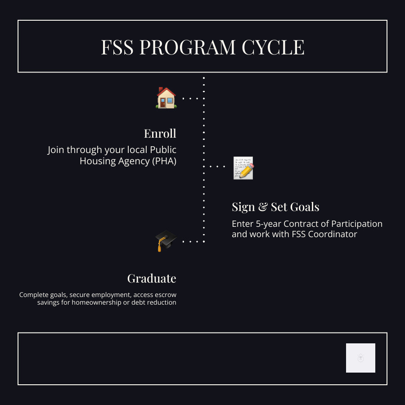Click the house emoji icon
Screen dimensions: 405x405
point(166,98)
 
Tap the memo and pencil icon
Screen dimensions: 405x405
point(243,168)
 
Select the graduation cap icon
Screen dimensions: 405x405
point(166,241)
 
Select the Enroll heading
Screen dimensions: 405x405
point(160,134)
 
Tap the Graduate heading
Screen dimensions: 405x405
point(152,279)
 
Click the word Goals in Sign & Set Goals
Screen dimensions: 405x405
point(305,207)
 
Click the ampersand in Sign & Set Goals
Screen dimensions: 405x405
point(263,207)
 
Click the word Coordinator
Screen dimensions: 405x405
point(333,234)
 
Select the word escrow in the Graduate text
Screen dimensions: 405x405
point(166,295)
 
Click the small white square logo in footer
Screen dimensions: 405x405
point(360,358)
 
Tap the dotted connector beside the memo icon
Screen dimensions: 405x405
point(217,166)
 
